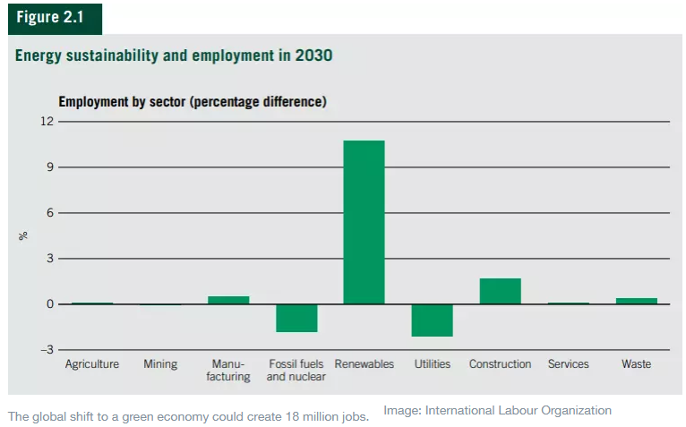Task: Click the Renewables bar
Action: click(364, 222)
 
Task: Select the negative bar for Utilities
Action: click(432, 320)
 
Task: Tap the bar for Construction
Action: click(500, 291)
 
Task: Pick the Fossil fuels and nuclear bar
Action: click(296, 318)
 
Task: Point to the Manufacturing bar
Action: click(228, 300)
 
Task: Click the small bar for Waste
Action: click(636, 301)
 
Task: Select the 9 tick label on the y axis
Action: click(49, 167)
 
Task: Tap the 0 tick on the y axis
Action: click(49, 304)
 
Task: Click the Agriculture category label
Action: click(91, 364)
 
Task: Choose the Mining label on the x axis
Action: click(160, 364)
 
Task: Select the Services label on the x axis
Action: click(568, 364)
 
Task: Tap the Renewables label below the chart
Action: click(364, 364)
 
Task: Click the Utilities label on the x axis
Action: click(432, 364)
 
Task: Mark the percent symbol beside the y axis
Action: click(24, 235)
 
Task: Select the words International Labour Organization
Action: click(518, 411)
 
